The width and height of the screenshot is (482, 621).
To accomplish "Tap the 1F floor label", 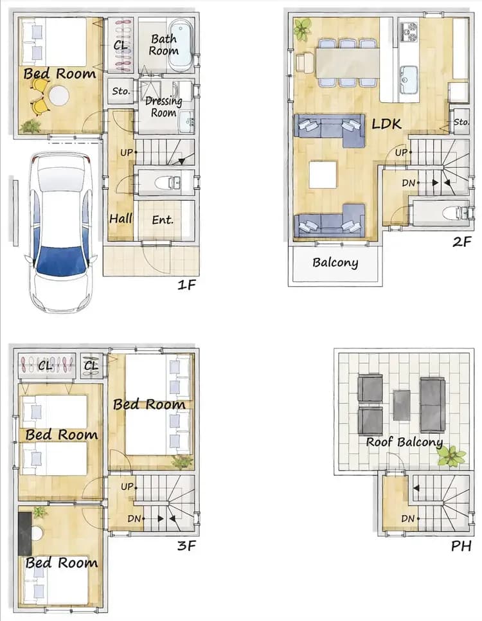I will click(186, 283).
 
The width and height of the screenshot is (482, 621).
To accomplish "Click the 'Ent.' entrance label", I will click(163, 220).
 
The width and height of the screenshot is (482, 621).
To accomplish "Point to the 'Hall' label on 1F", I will click(120, 219).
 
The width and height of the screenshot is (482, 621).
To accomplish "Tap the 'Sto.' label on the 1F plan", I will click(121, 91).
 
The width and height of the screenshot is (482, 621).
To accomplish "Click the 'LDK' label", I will click(387, 123).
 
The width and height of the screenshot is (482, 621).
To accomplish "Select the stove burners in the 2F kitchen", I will click(409, 30).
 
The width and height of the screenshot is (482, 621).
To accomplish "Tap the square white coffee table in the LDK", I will click(323, 175).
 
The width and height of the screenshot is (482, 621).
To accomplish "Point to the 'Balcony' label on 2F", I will click(335, 262).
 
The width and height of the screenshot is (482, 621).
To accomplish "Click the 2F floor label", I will click(461, 242).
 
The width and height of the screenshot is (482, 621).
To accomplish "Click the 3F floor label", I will click(186, 547).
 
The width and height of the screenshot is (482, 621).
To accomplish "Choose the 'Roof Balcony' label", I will click(404, 442).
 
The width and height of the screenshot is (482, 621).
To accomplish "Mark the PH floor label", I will click(461, 546).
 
